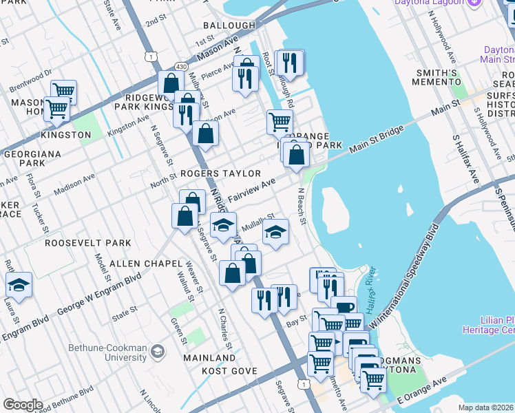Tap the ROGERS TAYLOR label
pyautogui.click(x=221, y=173)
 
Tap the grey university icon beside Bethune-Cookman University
pyautogui.click(x=158, y=352)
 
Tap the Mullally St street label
pyautogui.click(x=258, y=222)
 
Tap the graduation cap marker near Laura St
pyautogui.click(x=19, y=284)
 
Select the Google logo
pyautogui.click(x=23, y=404)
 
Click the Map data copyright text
pyautogui.click(x=486, y=407)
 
